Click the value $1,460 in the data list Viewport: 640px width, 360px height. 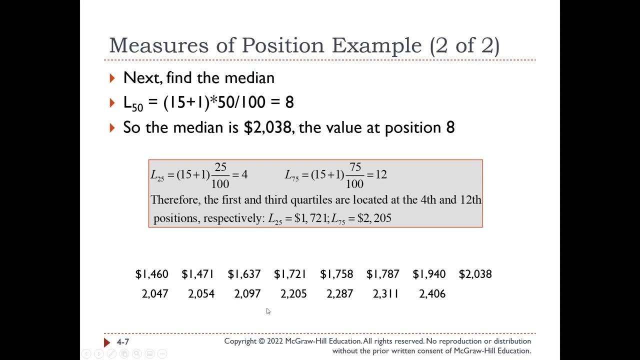click(x=151, y=274)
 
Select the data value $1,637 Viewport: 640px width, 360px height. click(x=244, y=274)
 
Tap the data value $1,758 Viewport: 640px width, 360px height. click(x=336, y=274)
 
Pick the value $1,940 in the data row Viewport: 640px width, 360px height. click(x=429, y=274)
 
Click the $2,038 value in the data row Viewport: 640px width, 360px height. click(x=475, y=274)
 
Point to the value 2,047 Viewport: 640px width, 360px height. click(x=155, y=294)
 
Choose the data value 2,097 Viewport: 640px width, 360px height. click(x=247, y=294)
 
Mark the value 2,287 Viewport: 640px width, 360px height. click(x=340, y=294)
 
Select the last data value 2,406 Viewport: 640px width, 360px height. click(x=432, y=294)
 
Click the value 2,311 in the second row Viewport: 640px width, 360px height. click(x=386, y=294)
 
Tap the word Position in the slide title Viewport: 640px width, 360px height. click(x=282, y=45)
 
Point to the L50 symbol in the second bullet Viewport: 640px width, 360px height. click(x=133, y=103)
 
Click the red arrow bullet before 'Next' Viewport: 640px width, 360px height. click(x=112, y=78)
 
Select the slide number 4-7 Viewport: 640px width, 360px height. click(x=123, y=342)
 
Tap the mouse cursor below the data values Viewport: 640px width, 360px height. click(x=268, y=311)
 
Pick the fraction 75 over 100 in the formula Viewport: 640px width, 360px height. click(x=354, y=175)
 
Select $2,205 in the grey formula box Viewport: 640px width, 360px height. click(x=374, y=218)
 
